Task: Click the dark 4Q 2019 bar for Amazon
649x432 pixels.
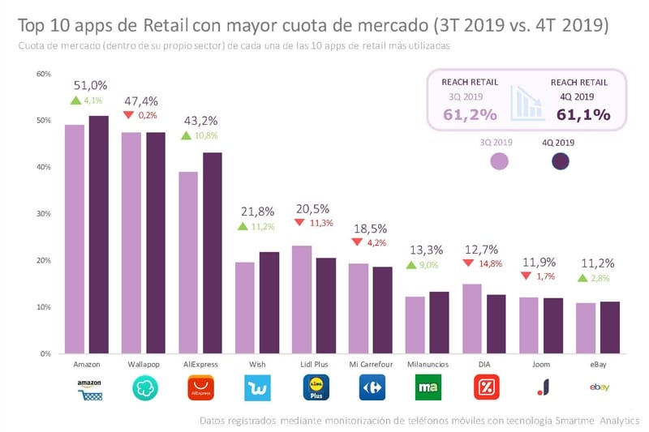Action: coord(98,235)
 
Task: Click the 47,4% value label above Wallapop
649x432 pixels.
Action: coord(140,101)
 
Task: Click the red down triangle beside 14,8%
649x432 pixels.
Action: coord(469,263)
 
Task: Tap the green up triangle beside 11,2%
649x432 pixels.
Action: coord(242,226)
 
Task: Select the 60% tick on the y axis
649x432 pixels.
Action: coord(43,74)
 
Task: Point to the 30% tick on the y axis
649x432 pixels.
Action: coord(43,214)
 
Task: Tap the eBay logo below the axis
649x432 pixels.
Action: coord(600,387)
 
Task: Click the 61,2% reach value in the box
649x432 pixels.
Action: coord(470,114)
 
